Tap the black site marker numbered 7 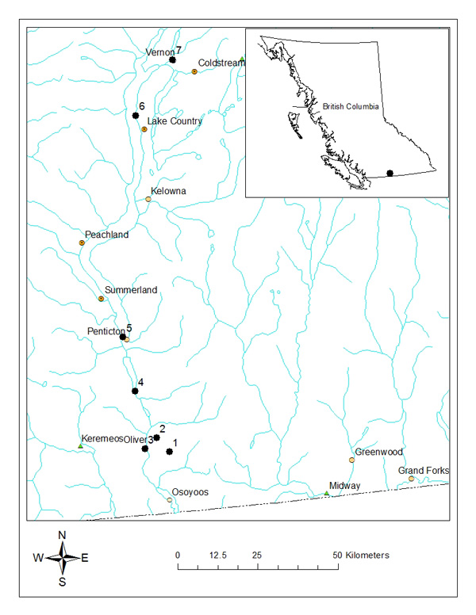(x=172, y=59)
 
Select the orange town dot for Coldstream (x=194, y=71)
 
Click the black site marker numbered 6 (x=136, y=115)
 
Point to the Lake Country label (x=175, y=121)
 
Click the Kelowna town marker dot (x=148, y=199)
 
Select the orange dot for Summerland (x=101, y=299)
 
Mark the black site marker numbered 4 (x=135, y=391)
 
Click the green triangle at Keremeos (x=80, y=446)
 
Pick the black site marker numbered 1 (x=170, y=452)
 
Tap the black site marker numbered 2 (x=157, y=437)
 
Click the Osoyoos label (x=190, y=492)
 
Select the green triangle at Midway (x=327, y=493)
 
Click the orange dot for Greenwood (x=352, y=460)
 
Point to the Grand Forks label (x=423, y=471)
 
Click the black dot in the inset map (x=390, y=172)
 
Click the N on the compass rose (x=62, y=535)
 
